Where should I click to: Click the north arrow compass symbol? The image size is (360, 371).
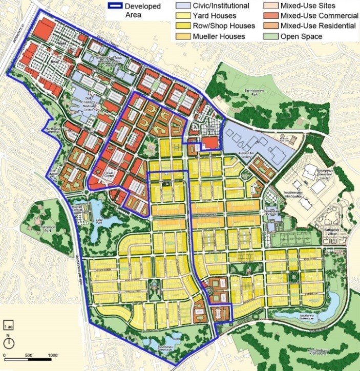coord(9,342)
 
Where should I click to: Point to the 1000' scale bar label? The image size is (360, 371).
coord(53,356)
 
